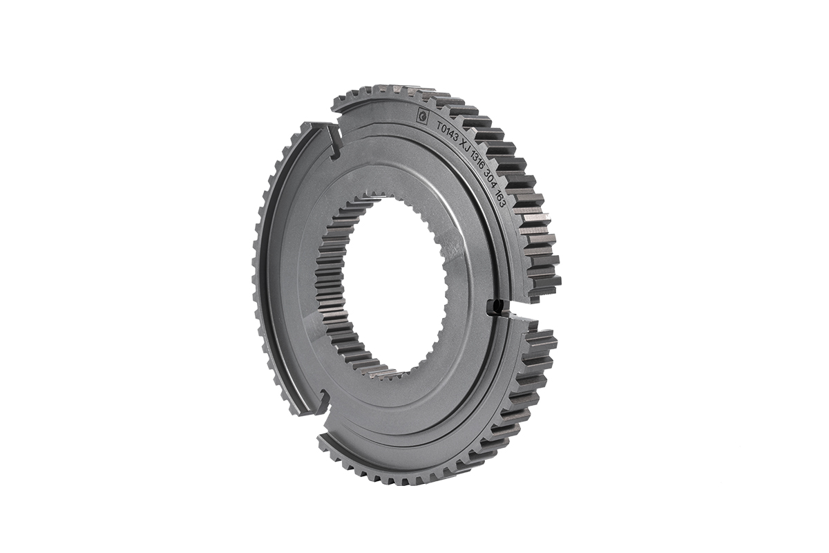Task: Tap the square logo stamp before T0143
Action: coord(422,115)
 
